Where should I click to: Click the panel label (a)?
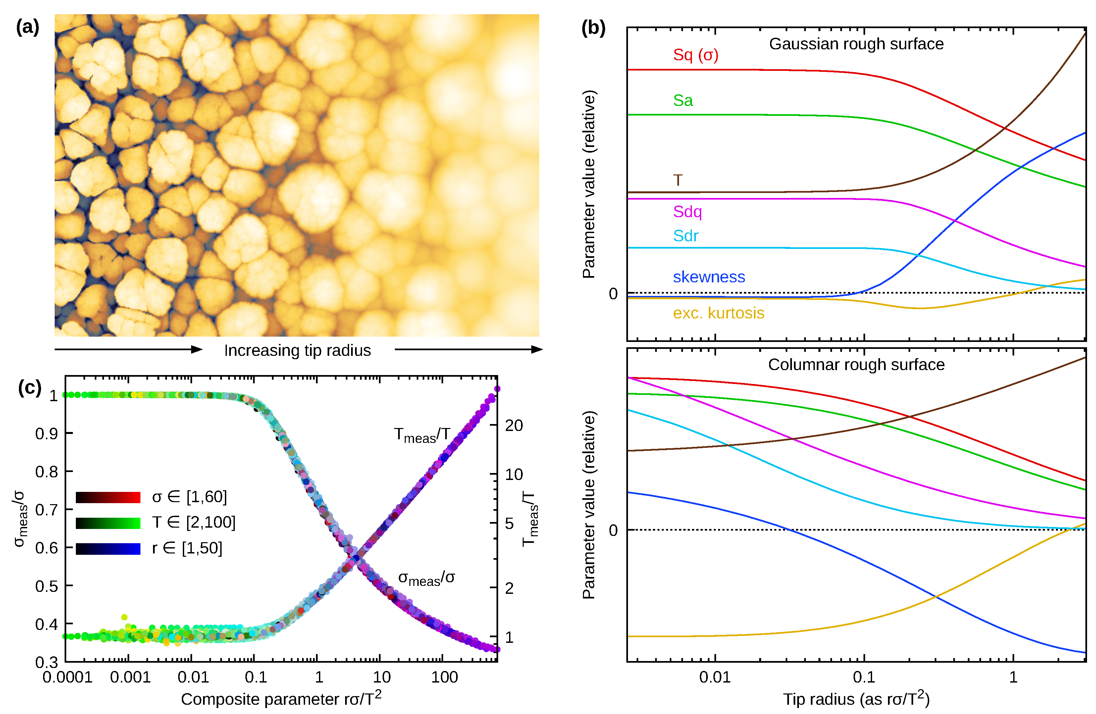click(x=27, y=27)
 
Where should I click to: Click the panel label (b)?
click(x=593, y=28)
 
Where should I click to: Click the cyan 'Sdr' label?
click(x=685, y=236)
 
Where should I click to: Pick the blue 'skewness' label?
click(x=709, y=277)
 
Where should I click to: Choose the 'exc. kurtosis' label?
click(x=718, y=313)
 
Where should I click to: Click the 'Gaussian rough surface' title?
click(x=856, y=44)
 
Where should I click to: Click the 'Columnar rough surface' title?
click(x=856, y=364)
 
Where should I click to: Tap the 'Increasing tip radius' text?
click(x=297, y=350)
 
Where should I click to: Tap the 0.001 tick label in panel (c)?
click(x=130, y=677)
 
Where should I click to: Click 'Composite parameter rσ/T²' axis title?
click(x=281, y=698)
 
